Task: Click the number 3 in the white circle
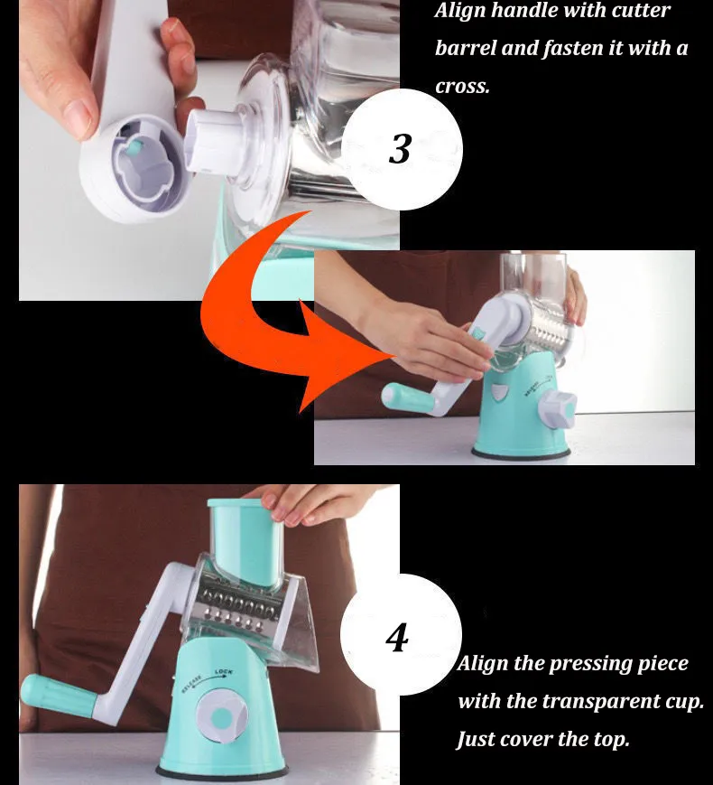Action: coord(400,149)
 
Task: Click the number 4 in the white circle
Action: coord(397,638)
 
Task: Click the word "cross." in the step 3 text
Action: coord(462,87)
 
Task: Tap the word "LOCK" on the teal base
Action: coord(224,671)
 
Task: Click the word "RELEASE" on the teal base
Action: coord(191,684)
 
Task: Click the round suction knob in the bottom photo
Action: coord(221,715)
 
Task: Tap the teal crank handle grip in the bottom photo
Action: coord(58,694)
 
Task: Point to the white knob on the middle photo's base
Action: coord(557,409)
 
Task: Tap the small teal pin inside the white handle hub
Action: coord(134,146)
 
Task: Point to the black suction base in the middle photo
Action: coord(521,453)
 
